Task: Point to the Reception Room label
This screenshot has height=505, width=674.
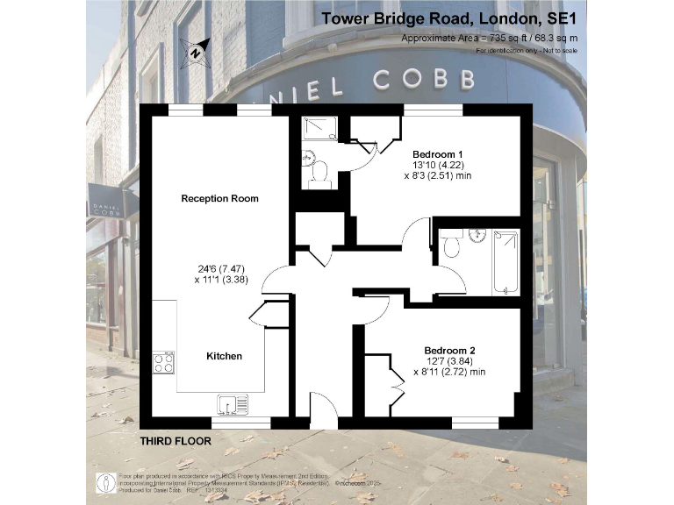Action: (x=219, y=198)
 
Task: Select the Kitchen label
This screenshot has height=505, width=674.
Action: (x=224, y=356)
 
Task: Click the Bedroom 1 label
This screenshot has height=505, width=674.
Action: (x=438, y=155)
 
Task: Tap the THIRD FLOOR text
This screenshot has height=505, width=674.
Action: (x=176, y=441)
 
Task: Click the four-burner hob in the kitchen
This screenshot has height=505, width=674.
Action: (x=164, y=362)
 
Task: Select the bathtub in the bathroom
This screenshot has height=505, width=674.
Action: (x=506, y=261)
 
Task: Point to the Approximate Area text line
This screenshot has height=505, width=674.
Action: (x=490, y=38)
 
